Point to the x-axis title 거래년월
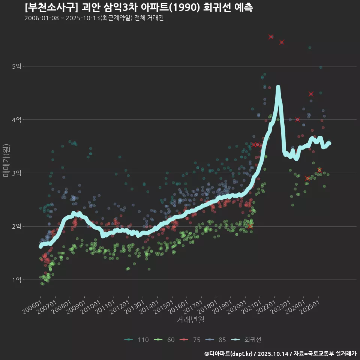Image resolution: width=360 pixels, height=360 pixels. pyautogui.click(x=190, y=320)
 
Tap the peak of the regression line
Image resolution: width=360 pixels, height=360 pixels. pyautogui.click(x=278, y=87)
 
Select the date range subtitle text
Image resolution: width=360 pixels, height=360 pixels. pyautogui.click(x=94, y=18)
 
